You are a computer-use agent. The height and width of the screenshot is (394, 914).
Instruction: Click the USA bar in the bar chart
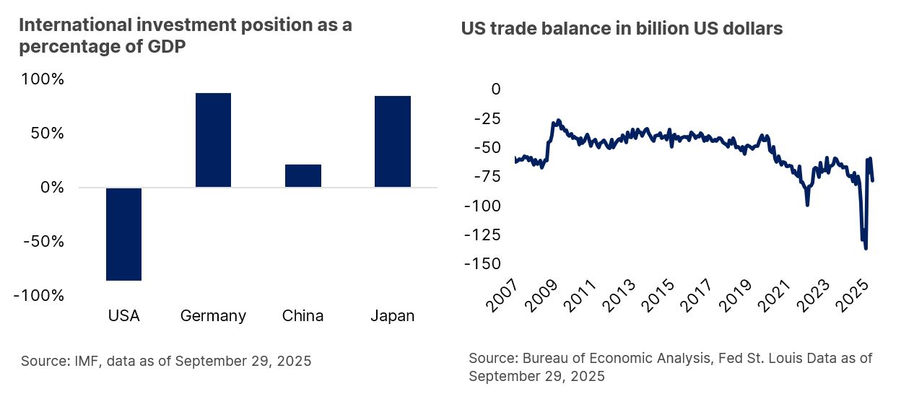pyautogui.click(x=123, y=234)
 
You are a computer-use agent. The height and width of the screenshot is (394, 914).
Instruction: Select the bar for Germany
pyautogui.click(x=213, y=140)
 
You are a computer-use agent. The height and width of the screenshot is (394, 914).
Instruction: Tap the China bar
pyautogui.click(x=303, y=175)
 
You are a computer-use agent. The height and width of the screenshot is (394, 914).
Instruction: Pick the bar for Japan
pyautogui.click(x=393, y=141)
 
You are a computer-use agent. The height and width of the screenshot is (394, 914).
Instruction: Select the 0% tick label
pyautogui.click(x=52, y=187)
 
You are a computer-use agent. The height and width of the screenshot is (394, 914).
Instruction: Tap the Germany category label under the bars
pyautogui.click(x=213, y=316)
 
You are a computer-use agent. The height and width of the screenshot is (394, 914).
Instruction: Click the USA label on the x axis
pyautogui.click(x=123, y=316)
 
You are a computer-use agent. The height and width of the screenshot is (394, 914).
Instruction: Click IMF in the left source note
pyautogui.click(x=84, y=361)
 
